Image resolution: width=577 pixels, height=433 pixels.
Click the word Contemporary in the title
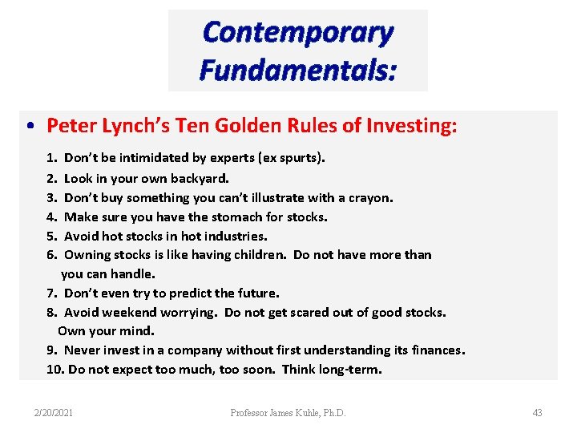click(298, 33)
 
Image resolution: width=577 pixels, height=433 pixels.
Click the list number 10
click(54, 370)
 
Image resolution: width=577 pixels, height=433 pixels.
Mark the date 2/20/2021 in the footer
click(54, 413)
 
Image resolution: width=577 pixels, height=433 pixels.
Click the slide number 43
click(537, 413)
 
